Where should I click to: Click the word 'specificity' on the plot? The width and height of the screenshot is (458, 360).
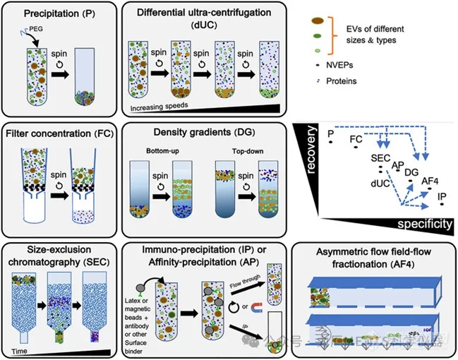point(422,224)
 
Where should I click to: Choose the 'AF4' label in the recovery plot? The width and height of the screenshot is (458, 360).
point(430,181)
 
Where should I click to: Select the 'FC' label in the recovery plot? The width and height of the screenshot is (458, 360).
point(356,140)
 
